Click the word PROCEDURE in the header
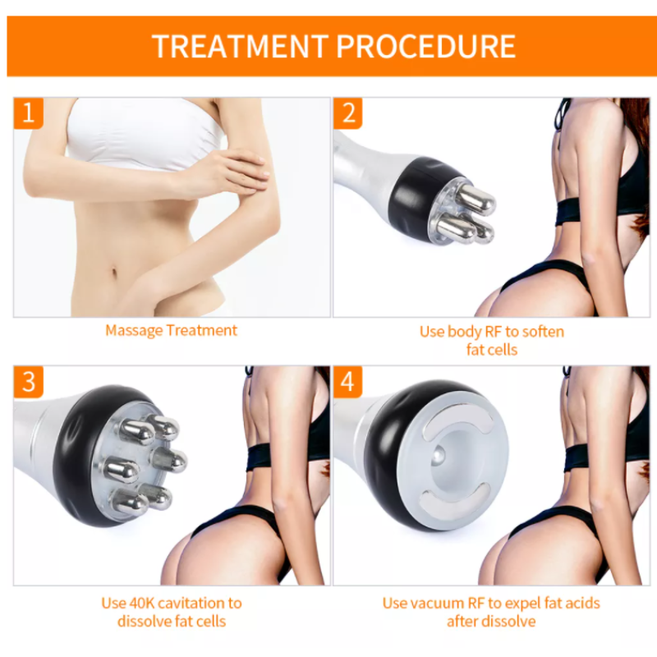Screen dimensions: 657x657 pos(426,46)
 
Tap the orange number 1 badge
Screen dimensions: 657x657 pos(28,113)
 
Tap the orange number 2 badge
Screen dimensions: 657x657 pos(348,113)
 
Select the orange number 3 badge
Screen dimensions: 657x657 pos(28,382)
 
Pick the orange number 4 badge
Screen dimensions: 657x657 pos(348,382)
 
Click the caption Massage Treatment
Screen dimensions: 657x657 pos(171,331)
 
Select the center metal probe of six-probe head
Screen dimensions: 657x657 pos(121,470)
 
